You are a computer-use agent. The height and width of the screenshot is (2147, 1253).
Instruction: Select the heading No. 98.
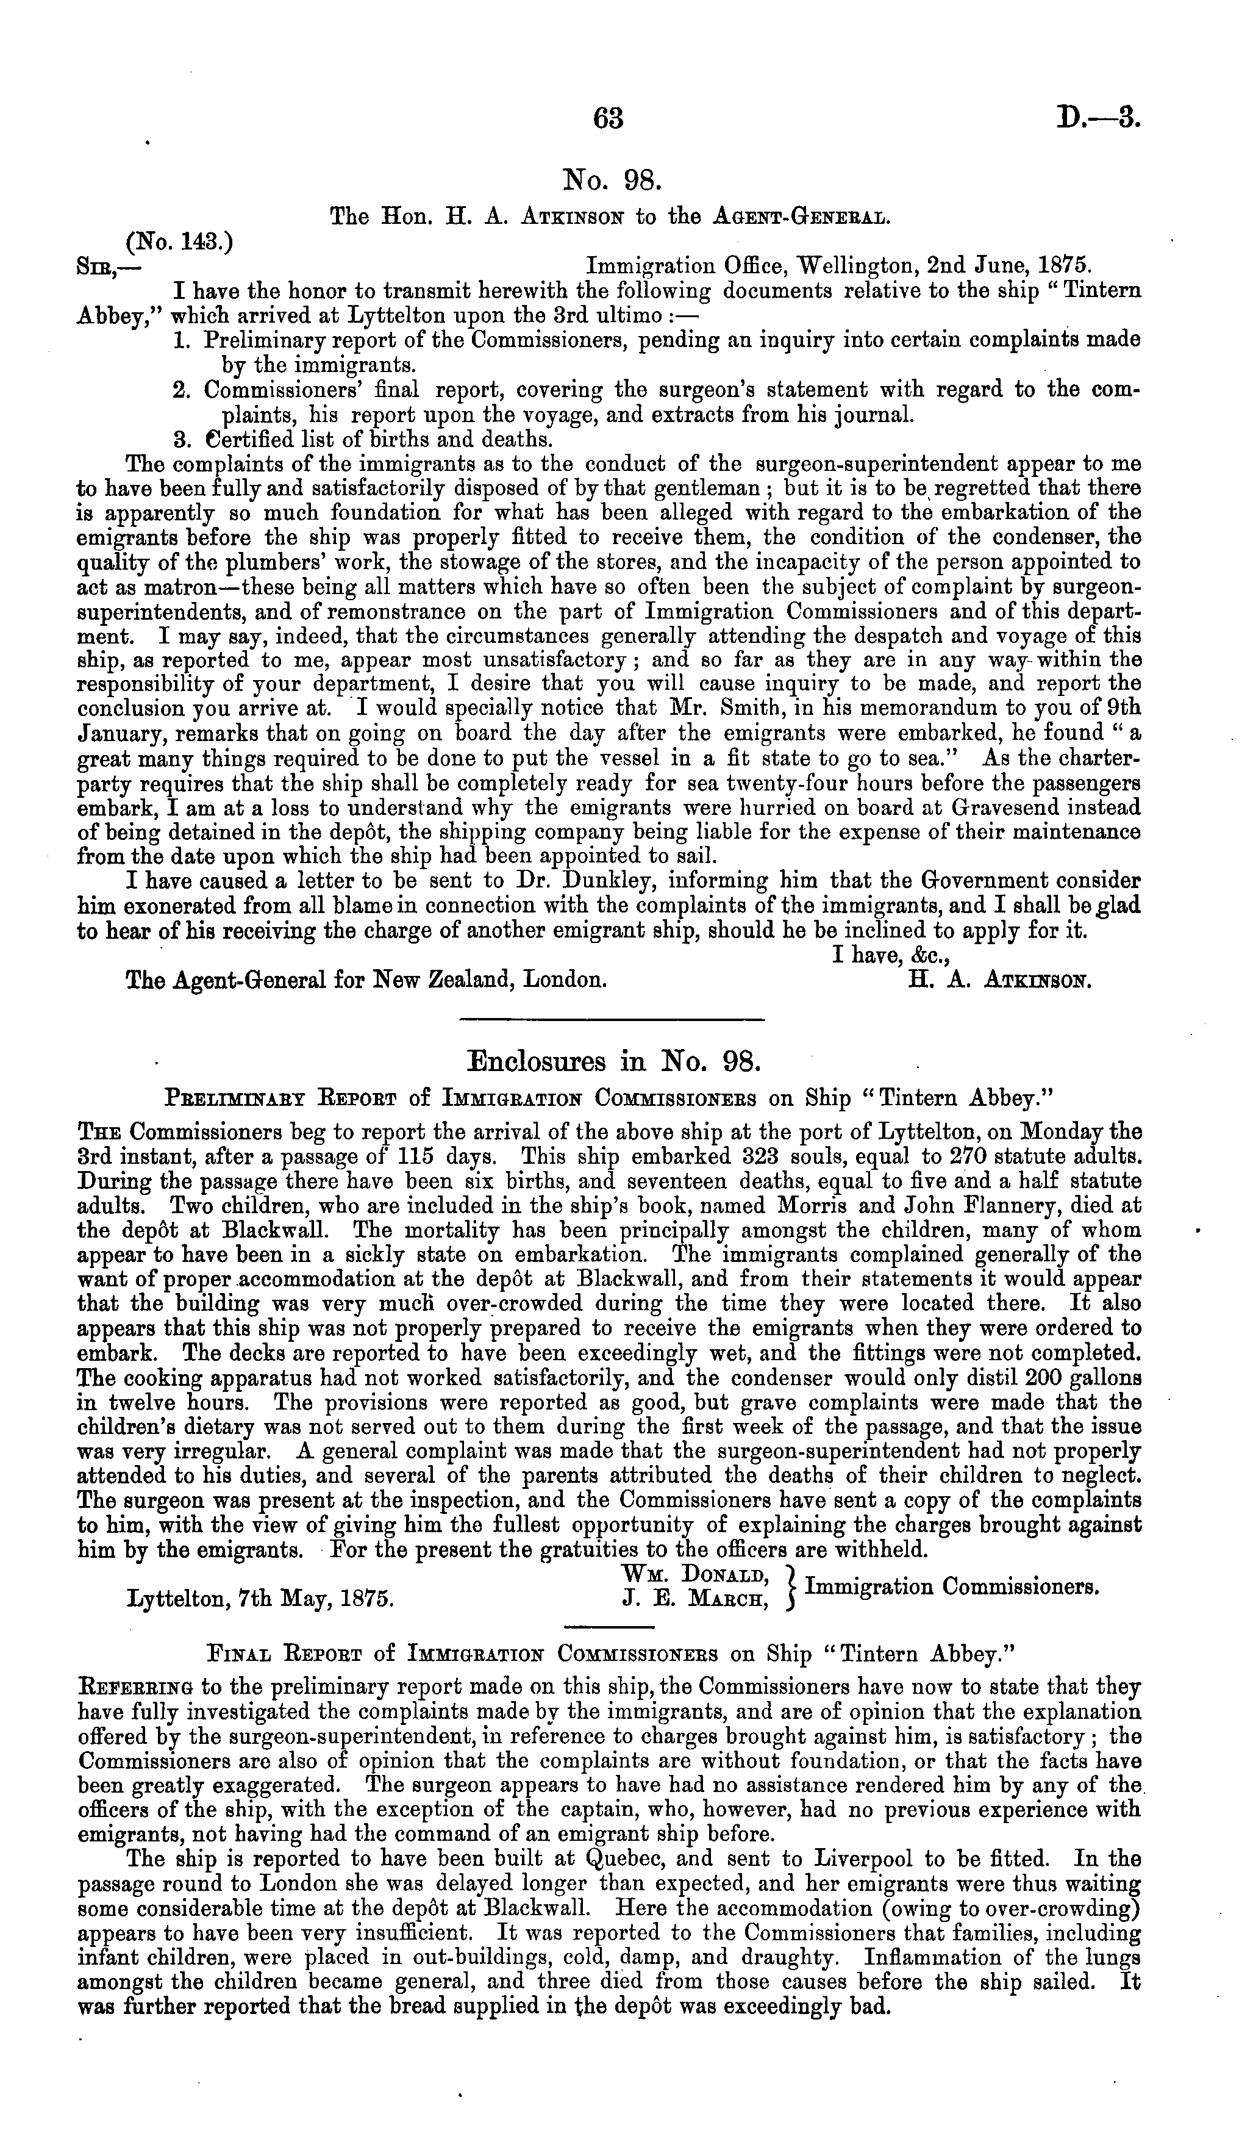612,180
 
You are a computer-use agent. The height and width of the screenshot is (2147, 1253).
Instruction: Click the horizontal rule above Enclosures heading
612,1020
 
